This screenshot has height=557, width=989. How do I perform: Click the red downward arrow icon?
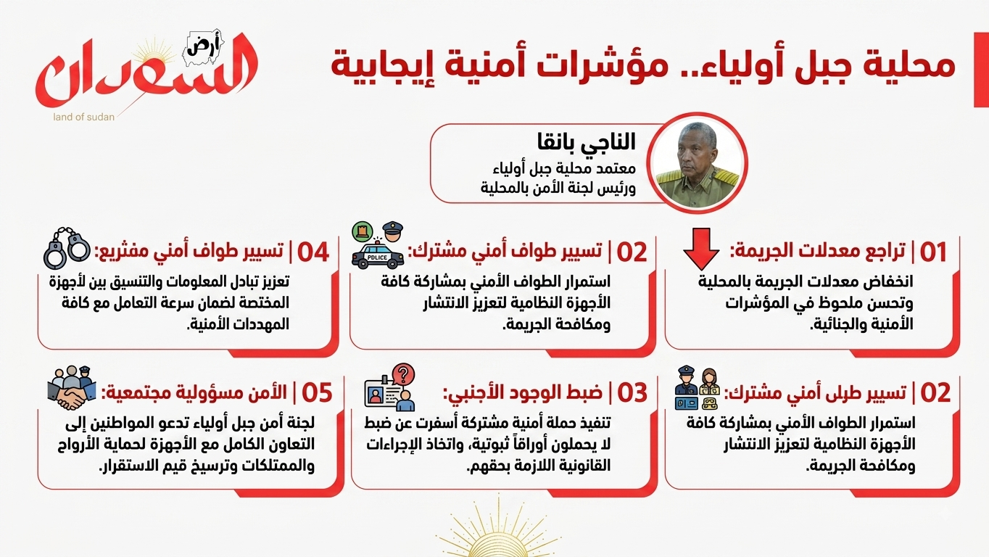tap(701, 249)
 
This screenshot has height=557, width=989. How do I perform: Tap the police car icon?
tap(378, 255)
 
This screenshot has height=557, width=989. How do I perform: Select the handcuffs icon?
tap(67, 248)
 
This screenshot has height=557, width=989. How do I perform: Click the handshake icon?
tap(72, 388)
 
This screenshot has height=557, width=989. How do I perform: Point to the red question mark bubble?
tap(403, 374)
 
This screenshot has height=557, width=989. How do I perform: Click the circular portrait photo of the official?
tap(697, 163)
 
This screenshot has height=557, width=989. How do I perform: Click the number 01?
tap(933, 252)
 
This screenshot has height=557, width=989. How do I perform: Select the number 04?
tap(313, 252)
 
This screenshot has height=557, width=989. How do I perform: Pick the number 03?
tap(632, 392)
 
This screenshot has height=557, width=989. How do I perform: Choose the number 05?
tap(317, 392)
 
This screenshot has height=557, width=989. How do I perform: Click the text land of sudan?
tap(84, 117)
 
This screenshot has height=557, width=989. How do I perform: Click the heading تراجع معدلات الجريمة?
tap(818, 252)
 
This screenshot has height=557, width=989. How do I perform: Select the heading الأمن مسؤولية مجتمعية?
tap(194, 392)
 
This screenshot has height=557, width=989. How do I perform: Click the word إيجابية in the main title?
tap(383, 66)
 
